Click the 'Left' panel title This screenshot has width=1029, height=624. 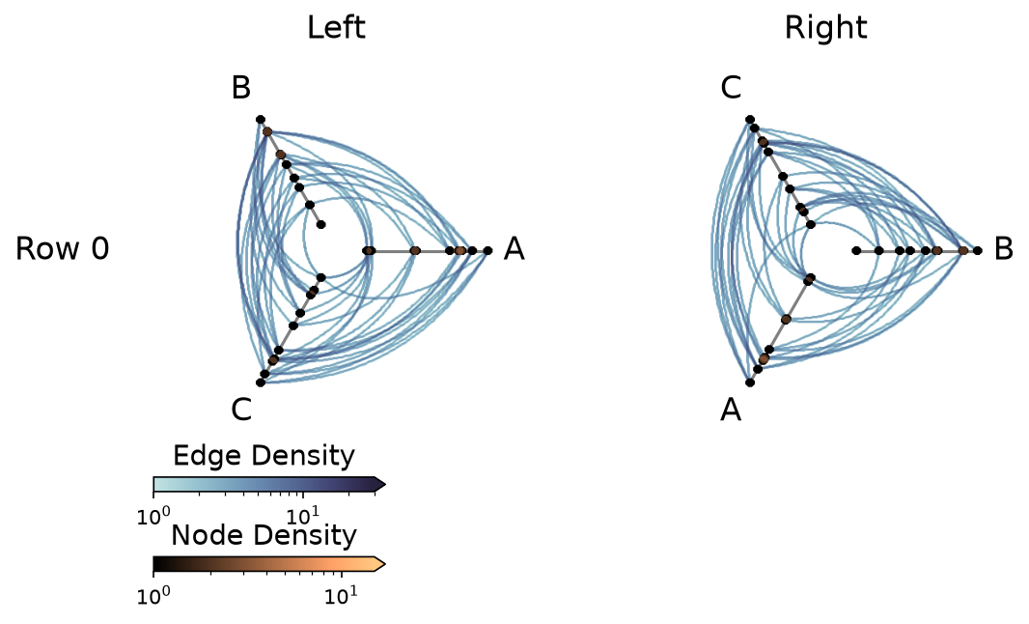[336, 28]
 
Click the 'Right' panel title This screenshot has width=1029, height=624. [825, 28]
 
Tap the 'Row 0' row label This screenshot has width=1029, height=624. [63, 249]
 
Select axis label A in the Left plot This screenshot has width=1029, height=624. [514, 249]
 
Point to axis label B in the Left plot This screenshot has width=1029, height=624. [241, 87]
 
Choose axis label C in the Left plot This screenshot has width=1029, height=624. [241, 410]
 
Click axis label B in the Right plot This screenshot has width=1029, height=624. [1004, 249]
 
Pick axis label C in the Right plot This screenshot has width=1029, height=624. [731, 87]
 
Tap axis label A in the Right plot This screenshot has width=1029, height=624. [731, 410]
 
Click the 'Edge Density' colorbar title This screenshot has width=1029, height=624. [264, 455]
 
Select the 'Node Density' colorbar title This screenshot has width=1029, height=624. [264, 535]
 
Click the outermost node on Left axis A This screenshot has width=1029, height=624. [487, 250]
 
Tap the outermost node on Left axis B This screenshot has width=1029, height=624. [261, 119]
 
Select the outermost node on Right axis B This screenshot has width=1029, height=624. [978, 250]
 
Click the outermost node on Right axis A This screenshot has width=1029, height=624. [750, 383]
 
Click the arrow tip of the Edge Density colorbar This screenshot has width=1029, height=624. [385, 485]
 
